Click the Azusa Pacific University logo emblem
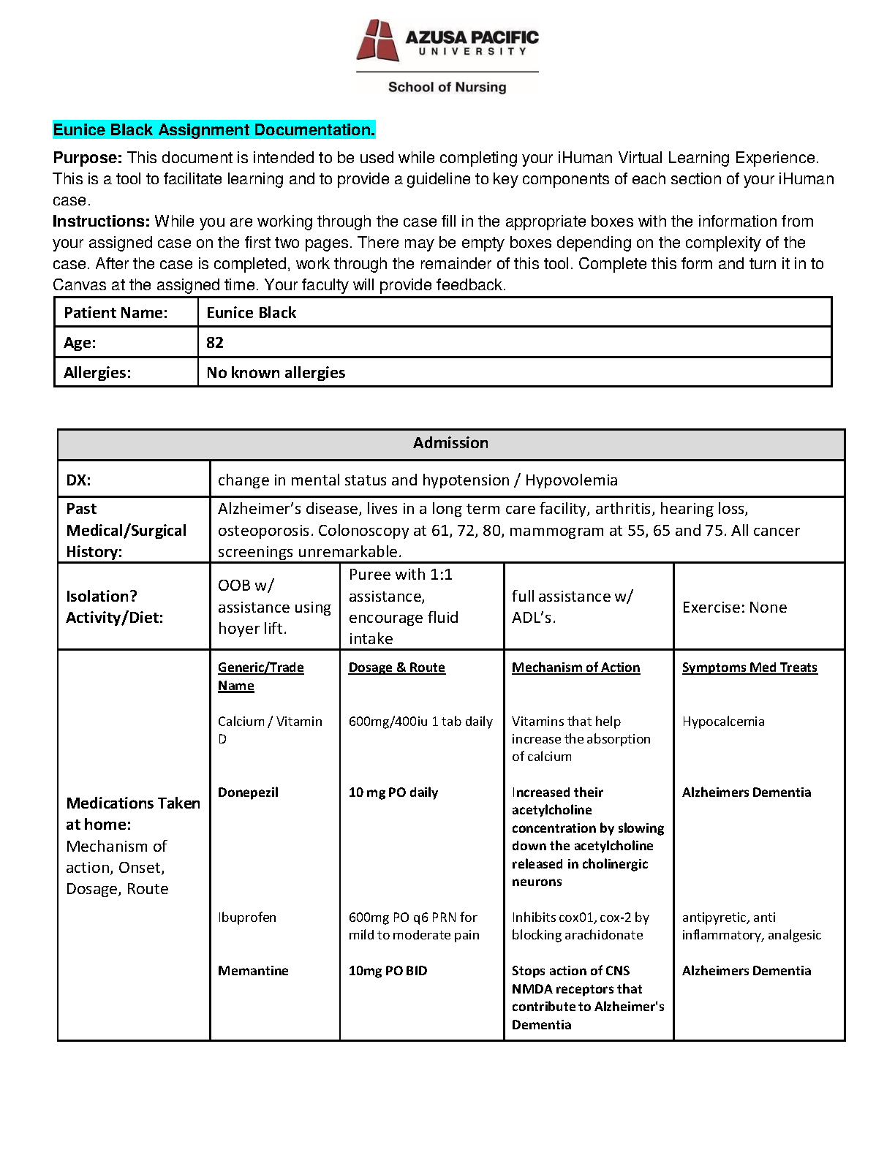tap(377, 40)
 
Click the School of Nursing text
tap(447, 87)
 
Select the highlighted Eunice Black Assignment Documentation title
tap(214, 130)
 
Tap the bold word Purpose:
tap(87, 158)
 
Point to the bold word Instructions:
tap(101, 222)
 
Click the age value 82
tap(215, 343)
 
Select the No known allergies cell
tap(276, 373)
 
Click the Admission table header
tap(450, 443)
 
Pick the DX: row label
tap(78, 480)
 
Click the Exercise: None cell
tap(734, 608)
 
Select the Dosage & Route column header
tap(396, 667)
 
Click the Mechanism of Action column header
tap(575, 667)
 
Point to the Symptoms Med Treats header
tap(749, 667)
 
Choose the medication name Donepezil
tap(248, 792)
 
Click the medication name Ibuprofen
tap(247, 917)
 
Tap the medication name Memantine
tap(253, 971)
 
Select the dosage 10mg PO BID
tap(388, 971)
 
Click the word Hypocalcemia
tap(723, 722)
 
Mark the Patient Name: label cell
tap(116, 313)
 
